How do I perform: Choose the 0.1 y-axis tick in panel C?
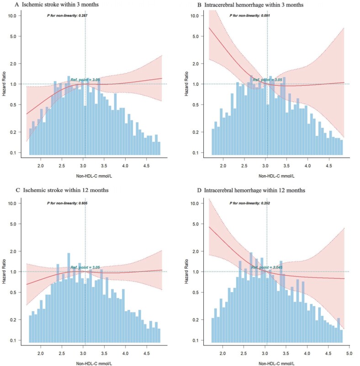14,340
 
